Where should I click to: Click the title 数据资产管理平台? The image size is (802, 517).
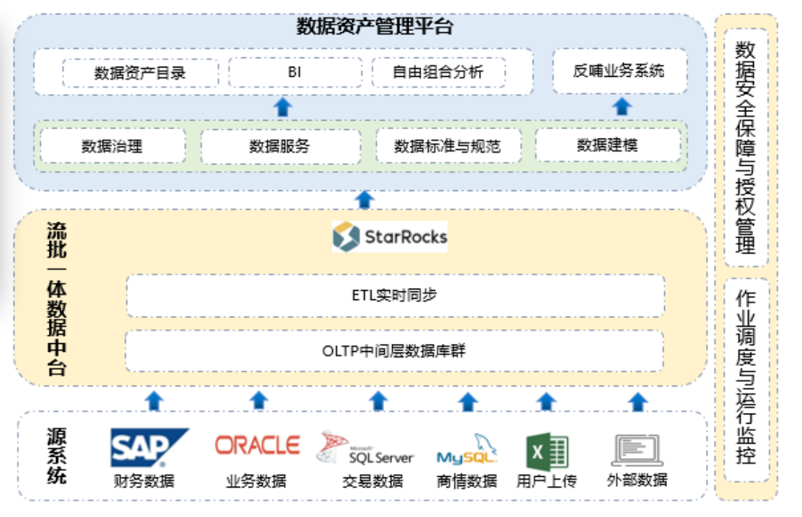(x=375, y=26)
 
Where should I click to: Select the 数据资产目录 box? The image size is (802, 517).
(x=140, y=73)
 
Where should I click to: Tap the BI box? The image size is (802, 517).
(x=294, y=72)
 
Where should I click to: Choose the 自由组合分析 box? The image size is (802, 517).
(x=439, y=72)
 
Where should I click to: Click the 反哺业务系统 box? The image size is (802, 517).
(x=620, y=70)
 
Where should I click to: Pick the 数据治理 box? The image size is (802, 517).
(x=113, y=146)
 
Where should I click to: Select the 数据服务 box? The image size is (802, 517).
(x=280, y=146)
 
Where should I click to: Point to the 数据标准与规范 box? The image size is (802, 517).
(x=448, y=146)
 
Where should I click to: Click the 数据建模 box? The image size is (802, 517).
(x=607, y=145)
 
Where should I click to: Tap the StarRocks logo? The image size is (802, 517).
(x=390, y=236)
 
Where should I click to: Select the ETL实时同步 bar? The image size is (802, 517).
(x=396, y=295)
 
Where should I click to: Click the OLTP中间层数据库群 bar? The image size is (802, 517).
(x=394, y=351)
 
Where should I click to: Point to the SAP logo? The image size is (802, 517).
(x=149, y=447)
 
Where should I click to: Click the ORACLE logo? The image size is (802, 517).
(x=257, y=445)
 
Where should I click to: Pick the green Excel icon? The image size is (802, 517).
(x=547, y=452)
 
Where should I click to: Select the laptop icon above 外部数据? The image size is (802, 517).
(x=638, y=450)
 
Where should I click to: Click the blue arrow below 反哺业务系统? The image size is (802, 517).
(x=622, y=106)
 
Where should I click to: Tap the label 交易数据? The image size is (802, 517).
(x=373, y=481)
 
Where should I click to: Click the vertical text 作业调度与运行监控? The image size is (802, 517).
(x=746, y=377)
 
